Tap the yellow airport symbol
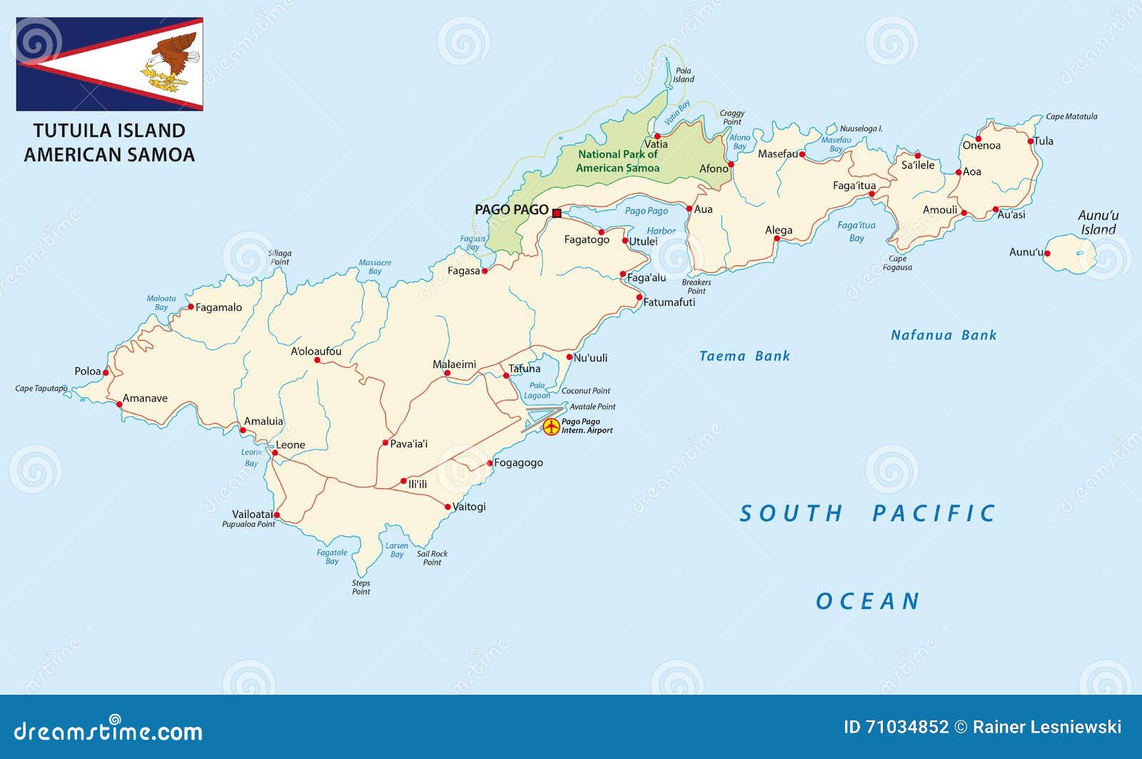(551, 427)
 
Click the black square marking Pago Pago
(557, 213)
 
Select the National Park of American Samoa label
(617, 161)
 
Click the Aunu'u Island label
(1098, 222)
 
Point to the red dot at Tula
(1031, 141)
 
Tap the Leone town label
(290, 445)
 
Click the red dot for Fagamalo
(191, 307)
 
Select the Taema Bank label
(744, 356)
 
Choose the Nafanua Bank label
(943, 335)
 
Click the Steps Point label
(361, 587)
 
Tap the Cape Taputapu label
(41, 388)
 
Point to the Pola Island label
(683, 75)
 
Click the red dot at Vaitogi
(448, 507)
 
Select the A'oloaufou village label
(315, 351)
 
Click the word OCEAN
(868, 601)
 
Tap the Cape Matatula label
(1071, 116)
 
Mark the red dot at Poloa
(106, 372)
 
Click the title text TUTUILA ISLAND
(109, 131)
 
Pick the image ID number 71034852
(906, 727)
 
